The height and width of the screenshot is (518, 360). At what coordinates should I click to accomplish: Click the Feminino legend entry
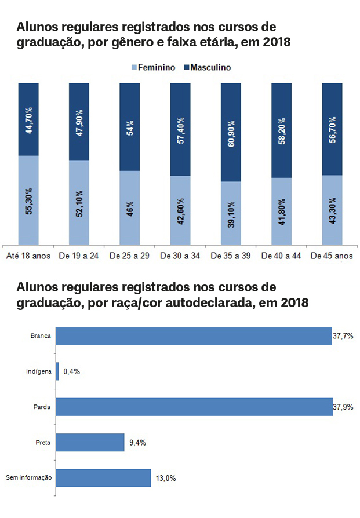click(154, 67)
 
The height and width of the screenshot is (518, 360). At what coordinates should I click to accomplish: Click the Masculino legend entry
click(207, 67)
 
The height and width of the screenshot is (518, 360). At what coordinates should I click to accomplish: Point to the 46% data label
click(130, 207)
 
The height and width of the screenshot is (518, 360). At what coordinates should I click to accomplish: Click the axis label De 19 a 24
click(79, 256)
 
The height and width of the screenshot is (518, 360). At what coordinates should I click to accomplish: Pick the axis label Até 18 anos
click(28, 256)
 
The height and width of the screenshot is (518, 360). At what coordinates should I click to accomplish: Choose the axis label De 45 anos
click(332, 256)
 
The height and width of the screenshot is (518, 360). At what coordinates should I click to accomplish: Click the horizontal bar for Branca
click(194, 335)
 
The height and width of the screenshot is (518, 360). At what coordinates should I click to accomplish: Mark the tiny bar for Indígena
click(57, 371)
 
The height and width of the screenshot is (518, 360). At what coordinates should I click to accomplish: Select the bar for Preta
click(90, 443)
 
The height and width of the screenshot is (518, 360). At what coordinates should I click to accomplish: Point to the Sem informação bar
click(103, 478)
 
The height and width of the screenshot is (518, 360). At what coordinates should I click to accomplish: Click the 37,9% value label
click(343, 407)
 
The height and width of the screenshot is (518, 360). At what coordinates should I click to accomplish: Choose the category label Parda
click(42, 407)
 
